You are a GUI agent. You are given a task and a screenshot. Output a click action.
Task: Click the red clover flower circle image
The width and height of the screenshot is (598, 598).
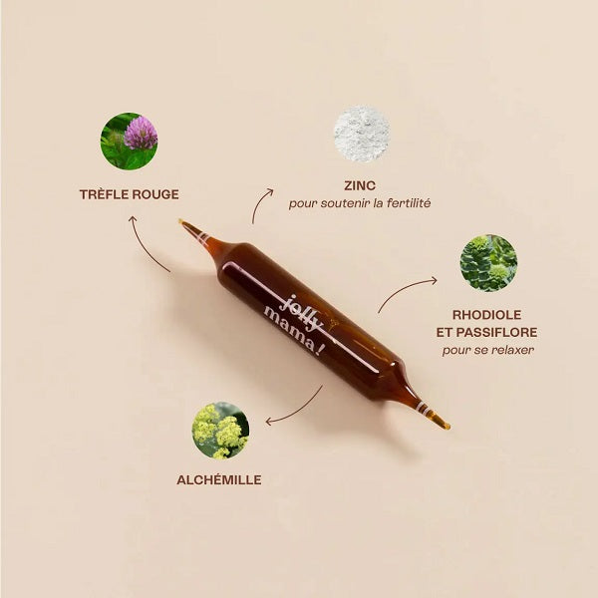(129, 142)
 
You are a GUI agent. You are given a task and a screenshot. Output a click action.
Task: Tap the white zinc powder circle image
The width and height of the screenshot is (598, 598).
(361, 134)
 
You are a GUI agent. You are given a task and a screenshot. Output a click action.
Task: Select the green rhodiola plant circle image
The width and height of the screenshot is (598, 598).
(488, 263)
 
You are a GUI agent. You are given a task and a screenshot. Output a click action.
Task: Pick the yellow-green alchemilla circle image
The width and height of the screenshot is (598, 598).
(220, 430)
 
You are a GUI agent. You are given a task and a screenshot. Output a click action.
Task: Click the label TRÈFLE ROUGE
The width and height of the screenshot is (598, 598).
(130, 194)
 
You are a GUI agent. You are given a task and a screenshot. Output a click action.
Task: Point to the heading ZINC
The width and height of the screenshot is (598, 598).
(360, 185)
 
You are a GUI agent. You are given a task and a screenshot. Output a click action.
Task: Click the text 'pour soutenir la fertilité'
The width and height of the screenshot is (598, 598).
(360, 203)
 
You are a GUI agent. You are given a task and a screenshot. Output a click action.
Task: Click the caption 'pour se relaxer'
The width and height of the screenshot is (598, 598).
(487, 350)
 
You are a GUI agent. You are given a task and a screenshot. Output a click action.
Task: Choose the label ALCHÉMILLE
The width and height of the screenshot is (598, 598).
(220, 479)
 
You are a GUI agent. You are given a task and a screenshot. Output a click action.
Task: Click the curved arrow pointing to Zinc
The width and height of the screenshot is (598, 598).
(261, 204)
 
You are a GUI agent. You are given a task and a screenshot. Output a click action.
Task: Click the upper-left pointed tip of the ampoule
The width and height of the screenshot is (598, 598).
(184, 224)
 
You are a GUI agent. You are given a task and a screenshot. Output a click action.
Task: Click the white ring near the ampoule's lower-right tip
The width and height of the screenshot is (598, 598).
(422, 407)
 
